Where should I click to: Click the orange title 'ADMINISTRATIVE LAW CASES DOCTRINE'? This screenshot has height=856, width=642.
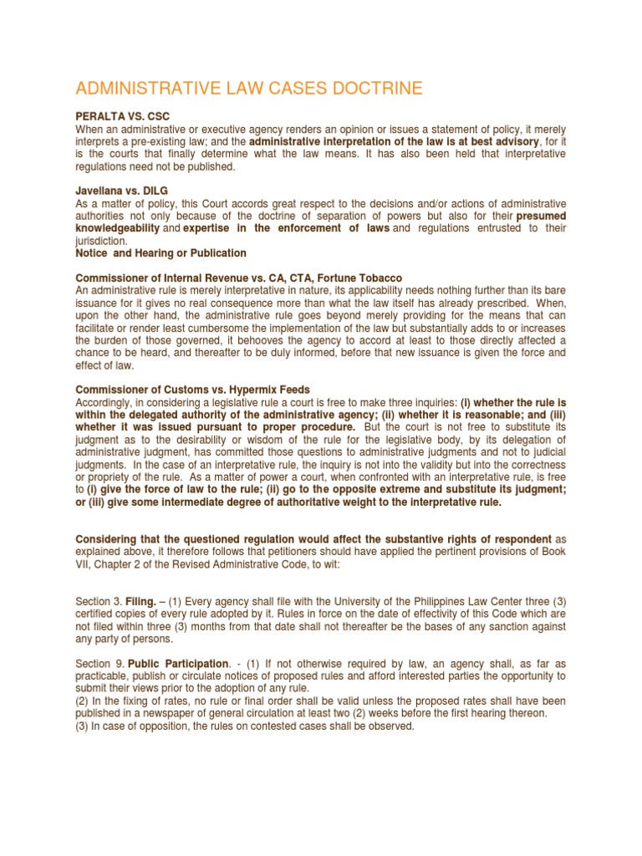[x=249, y=89]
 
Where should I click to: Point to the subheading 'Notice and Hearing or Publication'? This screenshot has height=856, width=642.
[x=161, y=253]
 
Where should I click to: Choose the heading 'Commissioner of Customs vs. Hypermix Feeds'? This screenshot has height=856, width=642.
[x=193, y=390]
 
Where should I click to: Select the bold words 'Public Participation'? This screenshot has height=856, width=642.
[x=180, y=663]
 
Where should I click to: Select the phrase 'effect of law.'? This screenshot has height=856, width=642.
[x=104, y=365]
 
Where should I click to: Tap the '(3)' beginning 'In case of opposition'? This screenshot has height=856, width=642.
[x=83, y=726]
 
